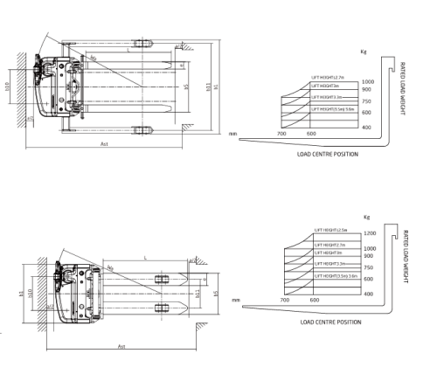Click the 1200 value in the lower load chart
370,233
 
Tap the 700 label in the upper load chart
281,134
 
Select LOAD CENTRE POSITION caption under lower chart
330,322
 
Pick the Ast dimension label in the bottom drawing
121,346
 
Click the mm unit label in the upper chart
233,134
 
